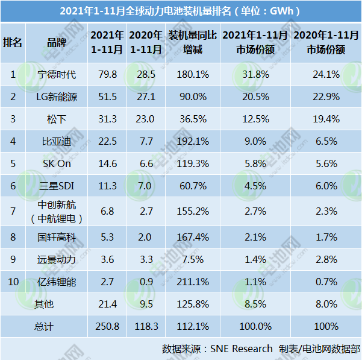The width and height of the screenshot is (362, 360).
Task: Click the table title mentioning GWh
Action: (181, 11)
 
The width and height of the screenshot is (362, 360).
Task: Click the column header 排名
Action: (13, 42)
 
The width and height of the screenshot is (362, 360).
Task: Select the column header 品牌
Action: (57, 42)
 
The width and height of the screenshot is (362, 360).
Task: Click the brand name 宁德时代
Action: (57, 75)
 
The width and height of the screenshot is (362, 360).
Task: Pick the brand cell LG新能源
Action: (57, 97)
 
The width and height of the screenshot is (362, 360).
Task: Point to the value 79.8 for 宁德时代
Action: (107, 75)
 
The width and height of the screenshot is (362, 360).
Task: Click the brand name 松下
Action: (57, 119)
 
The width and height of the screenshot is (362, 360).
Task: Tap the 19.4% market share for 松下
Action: (327, 119)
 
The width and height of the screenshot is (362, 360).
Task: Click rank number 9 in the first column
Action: (13, 259)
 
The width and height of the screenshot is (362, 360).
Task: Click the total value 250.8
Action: (107, 326)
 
